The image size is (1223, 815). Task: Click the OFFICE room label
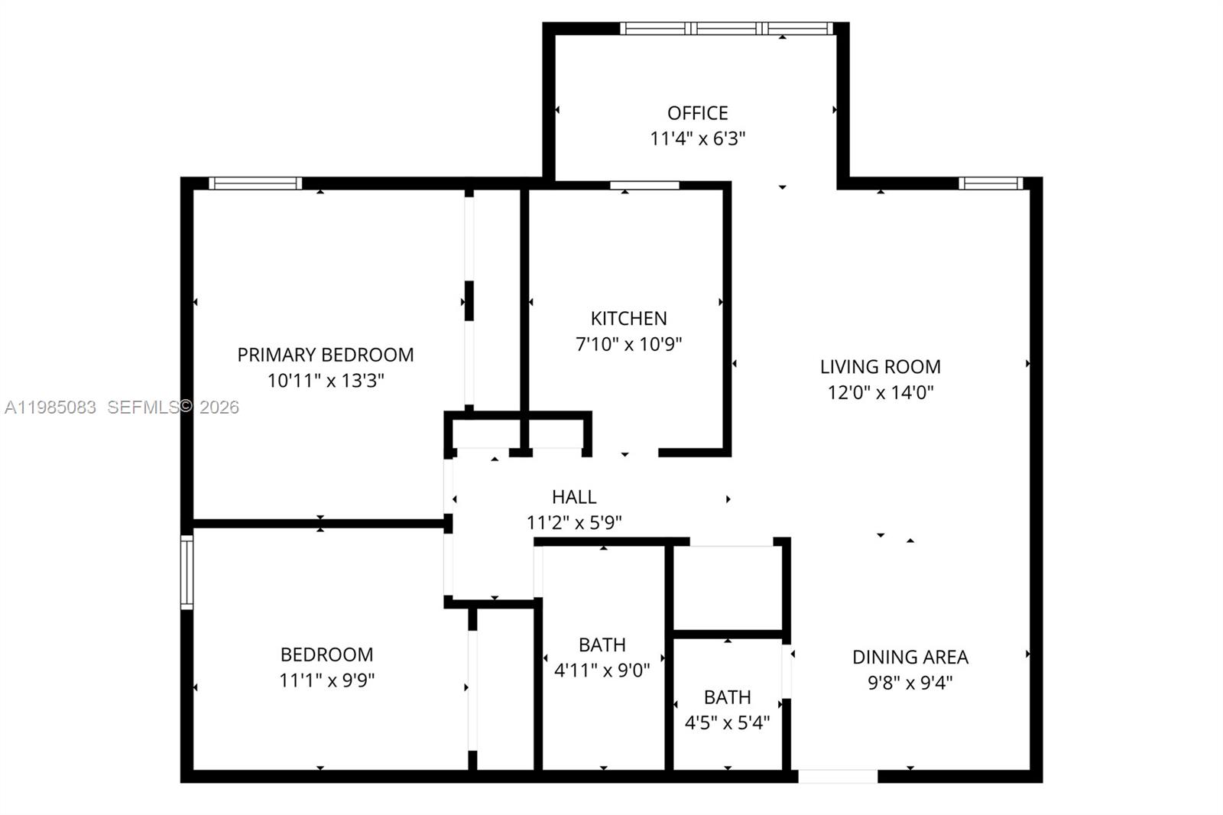pyautogui.click(x=697, y=113)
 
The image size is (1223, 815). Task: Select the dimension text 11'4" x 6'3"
pyautogui.click(x=697, y=138)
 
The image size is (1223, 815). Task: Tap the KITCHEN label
pyautogui.click(x=628, y=318)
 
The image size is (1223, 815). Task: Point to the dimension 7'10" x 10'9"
pyautogui.click(x=628, y=344)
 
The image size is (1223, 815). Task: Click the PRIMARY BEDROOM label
pyautogui.click(x=326, y=355)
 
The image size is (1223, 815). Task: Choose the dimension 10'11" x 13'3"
pyautogui.click(x=326, y=380)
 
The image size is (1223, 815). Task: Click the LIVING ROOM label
pyautogui.click(x=880, y=367)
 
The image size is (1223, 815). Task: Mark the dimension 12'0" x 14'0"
pyautogui.click(x=880, y=392)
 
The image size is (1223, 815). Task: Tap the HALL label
pyautogui.click(x=574, y=497)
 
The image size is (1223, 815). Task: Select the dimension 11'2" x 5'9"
pyautogui.click(x=574, y=523)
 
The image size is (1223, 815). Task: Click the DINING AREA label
pyautogui.click(x=910, y=657)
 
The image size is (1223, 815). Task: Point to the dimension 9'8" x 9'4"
pyautogui.click(x=910, y=683)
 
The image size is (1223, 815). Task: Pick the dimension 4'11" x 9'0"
pyautogui.click(x=602, y=671)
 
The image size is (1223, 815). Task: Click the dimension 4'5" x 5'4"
pyautogui.click(x=727, y=722)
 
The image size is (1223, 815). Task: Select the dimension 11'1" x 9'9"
pyautogui.click(x=326, y=680)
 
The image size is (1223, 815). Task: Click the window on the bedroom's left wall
pyautogui.click(x=187, y=572)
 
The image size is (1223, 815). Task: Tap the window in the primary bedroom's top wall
pyautogui.click(x=255, y=183)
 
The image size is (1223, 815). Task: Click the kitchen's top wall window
pyautogui.click(x=644, y=185)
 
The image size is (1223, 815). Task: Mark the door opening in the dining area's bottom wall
pyautogui.click(x=838, y=776)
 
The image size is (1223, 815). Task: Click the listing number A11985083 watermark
pyautogui.click(x=50, y=407)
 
